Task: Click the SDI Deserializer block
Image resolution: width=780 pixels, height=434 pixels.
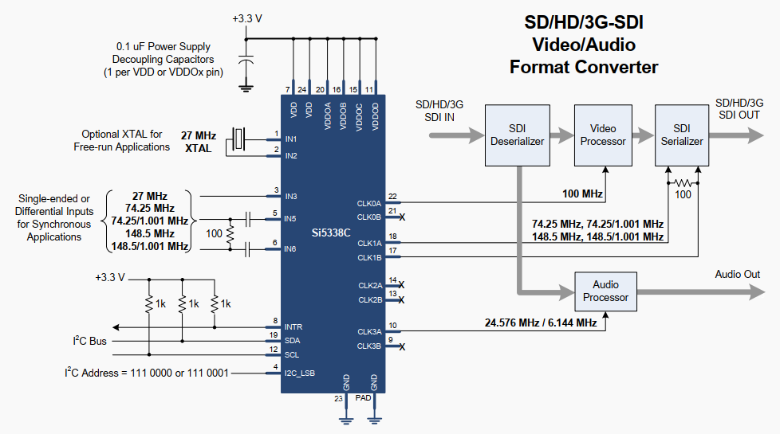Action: [518, 135]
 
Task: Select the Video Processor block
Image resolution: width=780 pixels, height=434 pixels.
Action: [603, 135]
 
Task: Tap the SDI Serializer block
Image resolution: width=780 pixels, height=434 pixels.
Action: [682, 135]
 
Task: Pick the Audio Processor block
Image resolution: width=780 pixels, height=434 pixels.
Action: [605, 291]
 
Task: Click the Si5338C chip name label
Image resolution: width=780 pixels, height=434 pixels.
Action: [331, 233]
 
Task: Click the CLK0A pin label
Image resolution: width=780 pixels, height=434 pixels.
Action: [369, 204]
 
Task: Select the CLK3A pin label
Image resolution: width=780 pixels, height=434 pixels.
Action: [369, 332]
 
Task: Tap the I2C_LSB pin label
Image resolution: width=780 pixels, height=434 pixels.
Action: [299, 373]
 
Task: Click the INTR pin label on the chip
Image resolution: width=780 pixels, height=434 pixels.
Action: [293, 327]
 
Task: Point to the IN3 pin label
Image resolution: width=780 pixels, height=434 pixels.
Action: [291, 197]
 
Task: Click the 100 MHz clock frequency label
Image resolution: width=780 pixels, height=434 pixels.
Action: [582, 194]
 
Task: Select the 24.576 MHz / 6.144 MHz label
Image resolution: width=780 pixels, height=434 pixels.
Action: [541, 323]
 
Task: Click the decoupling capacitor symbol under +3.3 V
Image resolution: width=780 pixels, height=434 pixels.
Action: [246, 60]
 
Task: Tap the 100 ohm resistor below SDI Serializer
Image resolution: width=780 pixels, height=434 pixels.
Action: [683, 183]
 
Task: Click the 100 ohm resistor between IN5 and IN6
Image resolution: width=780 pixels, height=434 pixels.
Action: [230, 234]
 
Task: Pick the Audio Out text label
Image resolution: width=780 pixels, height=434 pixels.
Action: [737, 274]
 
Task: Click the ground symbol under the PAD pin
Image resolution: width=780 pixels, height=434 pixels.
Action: [375, 421]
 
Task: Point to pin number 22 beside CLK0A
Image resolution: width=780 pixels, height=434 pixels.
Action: [392, 197]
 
